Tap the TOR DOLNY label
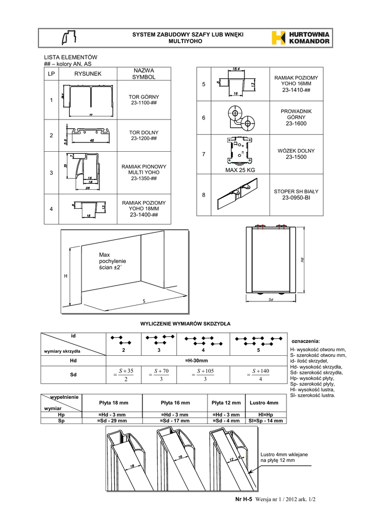[x=143, y=132]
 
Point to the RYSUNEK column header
[x=88, y=74]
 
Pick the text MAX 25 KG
[x=240, y=170]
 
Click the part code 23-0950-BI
[x=300, y=197]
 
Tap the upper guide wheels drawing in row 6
[x=239, y=118]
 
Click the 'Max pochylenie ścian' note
[x=112, y=261]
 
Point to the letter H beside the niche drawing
[x=65, y=276]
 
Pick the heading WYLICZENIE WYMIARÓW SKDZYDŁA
[x=186, y=324]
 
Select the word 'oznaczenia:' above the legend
[x=305, y=341]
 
